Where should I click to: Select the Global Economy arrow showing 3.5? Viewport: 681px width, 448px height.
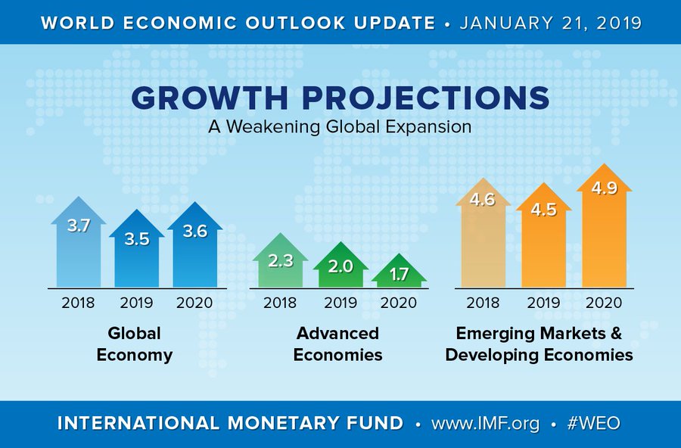pyautogui.click(x=137, y=250)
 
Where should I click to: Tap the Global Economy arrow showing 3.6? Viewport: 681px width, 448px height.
pyautogui.click(x=195, y=246)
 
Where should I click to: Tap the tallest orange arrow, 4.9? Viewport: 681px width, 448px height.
pyautogui.click(x=603, y=227)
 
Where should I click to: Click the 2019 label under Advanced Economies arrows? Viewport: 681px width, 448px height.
pyautogui.click(x=339, y=303)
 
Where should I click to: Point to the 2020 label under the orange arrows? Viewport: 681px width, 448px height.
pyautogui.click(x=603, y=303)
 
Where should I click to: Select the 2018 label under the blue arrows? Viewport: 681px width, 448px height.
pyautogui.click(x=79, y=303)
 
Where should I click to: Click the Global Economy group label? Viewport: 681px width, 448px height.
pyautogui.click(x=135, y=344)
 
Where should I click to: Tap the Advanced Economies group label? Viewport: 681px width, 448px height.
pyautogui.click(x=338, y=344)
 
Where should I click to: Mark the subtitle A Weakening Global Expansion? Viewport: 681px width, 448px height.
pyautogui.click(x=340, y=127)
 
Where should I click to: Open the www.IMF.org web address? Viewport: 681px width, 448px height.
pyautogui.click(x=485, y=423)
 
